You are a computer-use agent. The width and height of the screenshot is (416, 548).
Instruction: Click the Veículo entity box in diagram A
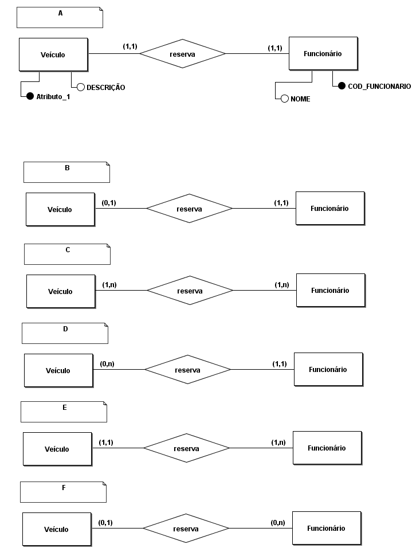click(53, 55)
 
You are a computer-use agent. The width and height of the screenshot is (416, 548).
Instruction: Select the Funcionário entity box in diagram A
click(323, 54)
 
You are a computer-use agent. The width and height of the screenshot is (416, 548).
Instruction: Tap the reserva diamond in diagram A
click(183, 54)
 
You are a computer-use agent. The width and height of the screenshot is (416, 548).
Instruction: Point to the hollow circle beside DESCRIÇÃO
click(81, 87)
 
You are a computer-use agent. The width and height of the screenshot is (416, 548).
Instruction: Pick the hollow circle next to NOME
click(284, 99)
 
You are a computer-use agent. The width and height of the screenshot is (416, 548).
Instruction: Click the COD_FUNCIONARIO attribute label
click(379, 87)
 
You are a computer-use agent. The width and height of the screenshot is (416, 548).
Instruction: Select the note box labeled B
click(66, 172)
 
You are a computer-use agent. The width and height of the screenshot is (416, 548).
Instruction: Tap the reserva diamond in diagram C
click(190, 291)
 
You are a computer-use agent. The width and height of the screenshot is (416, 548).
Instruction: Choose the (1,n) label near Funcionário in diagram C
click(281, 284)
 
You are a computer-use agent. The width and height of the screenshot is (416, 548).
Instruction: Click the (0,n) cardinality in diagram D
click(107, 363)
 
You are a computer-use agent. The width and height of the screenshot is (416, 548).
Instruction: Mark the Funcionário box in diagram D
click(328, 370)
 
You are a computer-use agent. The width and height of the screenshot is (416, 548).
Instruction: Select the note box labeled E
click(64, 412)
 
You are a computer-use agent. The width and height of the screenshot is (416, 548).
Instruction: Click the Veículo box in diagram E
click(57, 449)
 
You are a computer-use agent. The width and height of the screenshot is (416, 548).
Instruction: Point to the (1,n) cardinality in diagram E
click(278, 442)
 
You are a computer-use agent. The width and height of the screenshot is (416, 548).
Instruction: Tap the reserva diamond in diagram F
click(186, 529)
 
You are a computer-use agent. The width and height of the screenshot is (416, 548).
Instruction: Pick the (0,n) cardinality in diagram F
click(278, 522)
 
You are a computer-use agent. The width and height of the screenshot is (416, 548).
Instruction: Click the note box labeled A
click(60, 17)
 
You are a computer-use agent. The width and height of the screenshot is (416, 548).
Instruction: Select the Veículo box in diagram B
click(60, 209)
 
